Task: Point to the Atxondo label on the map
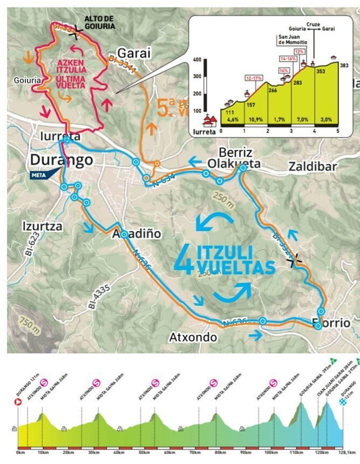point(193,338)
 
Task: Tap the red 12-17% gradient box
point(254,78)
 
